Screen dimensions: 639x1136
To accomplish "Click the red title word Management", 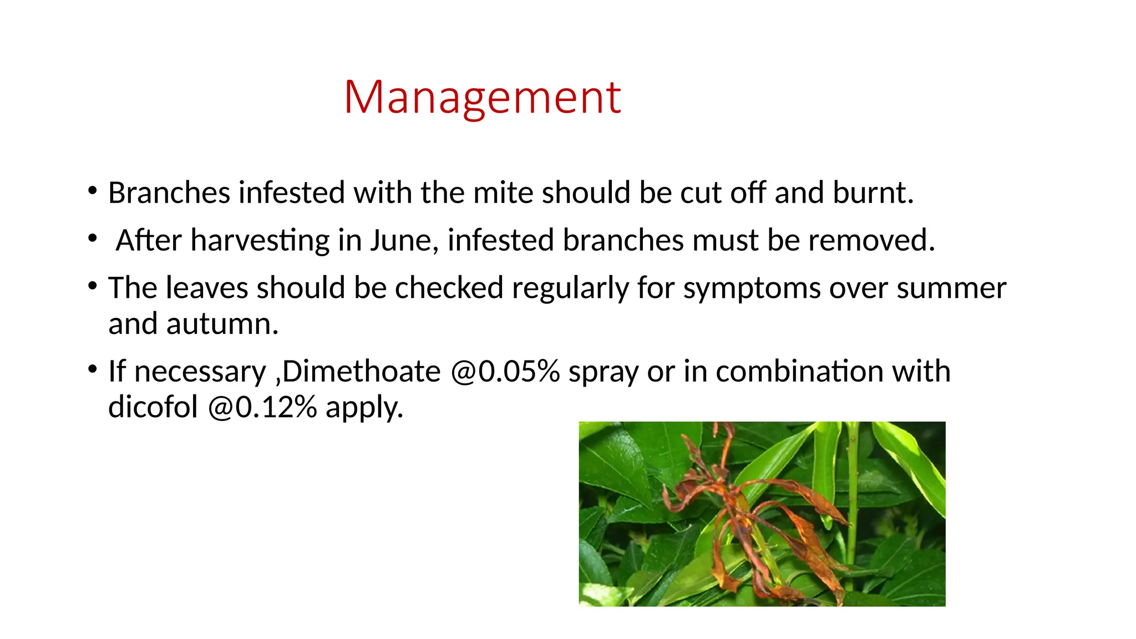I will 482,98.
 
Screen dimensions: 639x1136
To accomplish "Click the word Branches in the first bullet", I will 169,193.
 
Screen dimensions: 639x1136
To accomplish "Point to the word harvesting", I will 260,241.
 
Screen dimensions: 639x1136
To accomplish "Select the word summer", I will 951,288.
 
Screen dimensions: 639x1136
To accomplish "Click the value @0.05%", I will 505,372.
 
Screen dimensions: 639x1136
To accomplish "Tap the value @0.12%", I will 262,407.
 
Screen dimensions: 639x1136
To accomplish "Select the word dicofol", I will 153,407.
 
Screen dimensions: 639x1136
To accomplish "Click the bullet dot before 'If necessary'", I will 93,369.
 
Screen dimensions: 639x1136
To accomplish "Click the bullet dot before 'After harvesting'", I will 93,238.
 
